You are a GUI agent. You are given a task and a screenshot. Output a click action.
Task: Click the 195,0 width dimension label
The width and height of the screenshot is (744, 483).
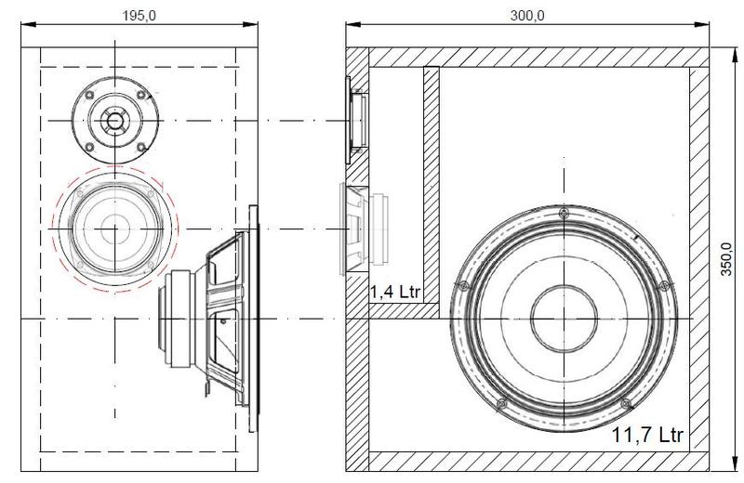[x=139, y=16]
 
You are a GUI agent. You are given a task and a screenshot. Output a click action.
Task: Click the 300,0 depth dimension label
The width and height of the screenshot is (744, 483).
[x=527, y=16]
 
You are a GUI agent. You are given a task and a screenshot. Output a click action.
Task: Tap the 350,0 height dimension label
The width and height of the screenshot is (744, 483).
[x=726, y=259]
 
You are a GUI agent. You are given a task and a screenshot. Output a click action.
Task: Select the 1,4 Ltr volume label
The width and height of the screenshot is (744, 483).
[x=395, y=292]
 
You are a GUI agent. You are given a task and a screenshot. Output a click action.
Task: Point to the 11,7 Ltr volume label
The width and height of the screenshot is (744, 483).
[x=647, y=434]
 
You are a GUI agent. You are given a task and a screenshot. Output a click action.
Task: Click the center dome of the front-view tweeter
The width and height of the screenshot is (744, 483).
[x=114, y=121]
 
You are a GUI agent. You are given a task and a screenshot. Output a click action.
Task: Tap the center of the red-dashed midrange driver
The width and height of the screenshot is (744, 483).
[x=114, y=228]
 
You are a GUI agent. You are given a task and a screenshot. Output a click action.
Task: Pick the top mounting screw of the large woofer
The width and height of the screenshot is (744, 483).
[x=564, y=212]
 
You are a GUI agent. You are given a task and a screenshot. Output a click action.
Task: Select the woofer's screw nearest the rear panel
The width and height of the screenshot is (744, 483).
[x=664, y=285]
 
